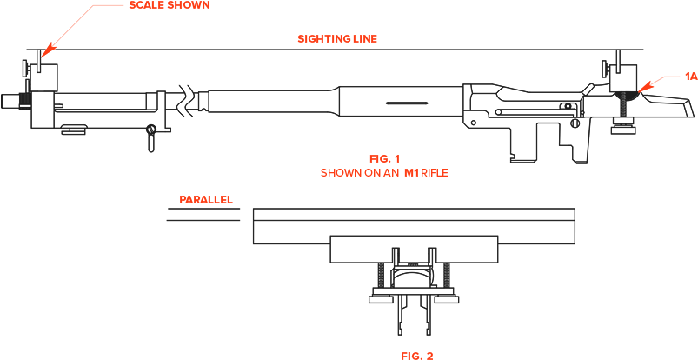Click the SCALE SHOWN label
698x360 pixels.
point(169,5)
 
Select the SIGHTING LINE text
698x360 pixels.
point(337,39)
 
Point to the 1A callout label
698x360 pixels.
point(690,77)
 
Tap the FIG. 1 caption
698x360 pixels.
point(384,158)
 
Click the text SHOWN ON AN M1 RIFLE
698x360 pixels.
point(384,173)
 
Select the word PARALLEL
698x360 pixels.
point(205,200)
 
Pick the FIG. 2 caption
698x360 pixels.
point(416,355)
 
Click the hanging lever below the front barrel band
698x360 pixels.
point(152,136)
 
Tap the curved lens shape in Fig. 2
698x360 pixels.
point(414,276)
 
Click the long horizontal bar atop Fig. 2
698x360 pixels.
point(414,226)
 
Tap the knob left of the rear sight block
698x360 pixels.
point(604,67)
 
